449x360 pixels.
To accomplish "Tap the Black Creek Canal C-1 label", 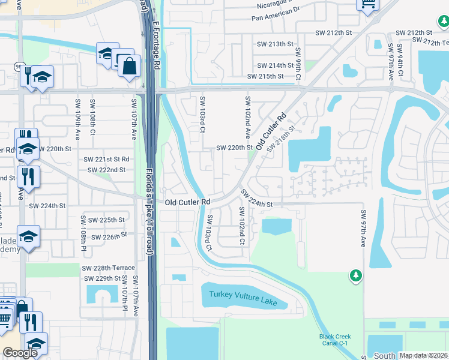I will click(x=335, y=340).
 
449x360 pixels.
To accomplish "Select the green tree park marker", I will click(x=356, y=276).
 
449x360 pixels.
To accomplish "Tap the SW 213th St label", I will click(x=275, y=44).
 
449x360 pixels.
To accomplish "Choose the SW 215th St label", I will click(x=265, y=76).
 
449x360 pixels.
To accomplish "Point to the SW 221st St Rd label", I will click(x=106, y=160).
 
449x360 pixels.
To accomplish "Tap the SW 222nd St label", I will click(x=106, y=170).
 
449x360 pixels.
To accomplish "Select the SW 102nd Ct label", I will click(x=241, y=226).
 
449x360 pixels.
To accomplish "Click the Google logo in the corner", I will click(x=20, y=353).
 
